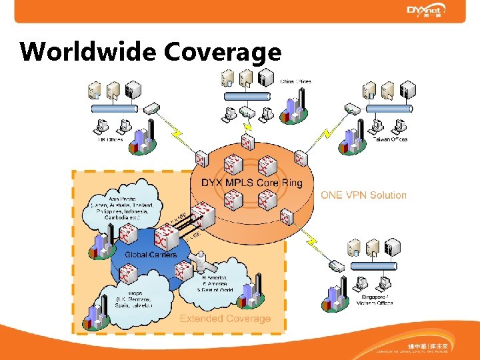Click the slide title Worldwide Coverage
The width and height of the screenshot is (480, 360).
point(151,51)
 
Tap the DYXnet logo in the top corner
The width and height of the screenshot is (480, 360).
point(426,11)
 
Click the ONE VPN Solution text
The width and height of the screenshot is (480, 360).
point(363,195)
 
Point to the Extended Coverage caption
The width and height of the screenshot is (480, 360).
point(225,319)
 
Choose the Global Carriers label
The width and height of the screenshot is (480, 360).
point(151,254)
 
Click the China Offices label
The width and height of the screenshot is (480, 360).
point(295,81)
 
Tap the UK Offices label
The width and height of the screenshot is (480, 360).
point(107,140)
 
